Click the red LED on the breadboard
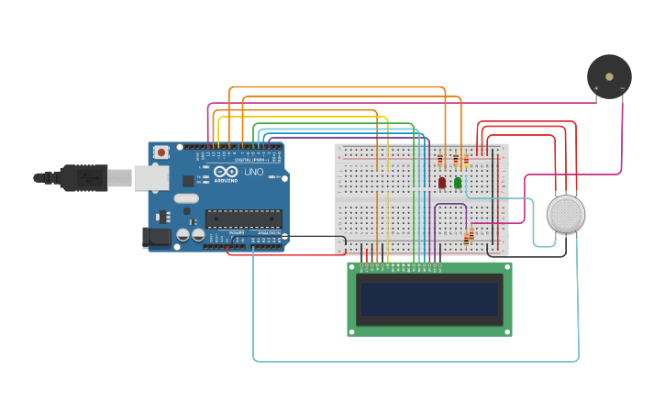click(442, 183)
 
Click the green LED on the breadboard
click(458, 183)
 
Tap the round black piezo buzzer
click(609, 76)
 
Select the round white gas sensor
click(566, 214)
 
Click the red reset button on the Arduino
click(161, 152)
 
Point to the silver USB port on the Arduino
click(150, 177)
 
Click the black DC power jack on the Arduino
click(157, 238)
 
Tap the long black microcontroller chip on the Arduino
click(243, 218)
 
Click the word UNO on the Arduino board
click(253, 172)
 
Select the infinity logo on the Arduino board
click(225, 171)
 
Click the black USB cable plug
click(83, 177)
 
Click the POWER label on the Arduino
click(237, 232)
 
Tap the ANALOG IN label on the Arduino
click(268, 232)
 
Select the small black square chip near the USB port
click(164, 217)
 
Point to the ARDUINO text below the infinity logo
click(226, 180)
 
